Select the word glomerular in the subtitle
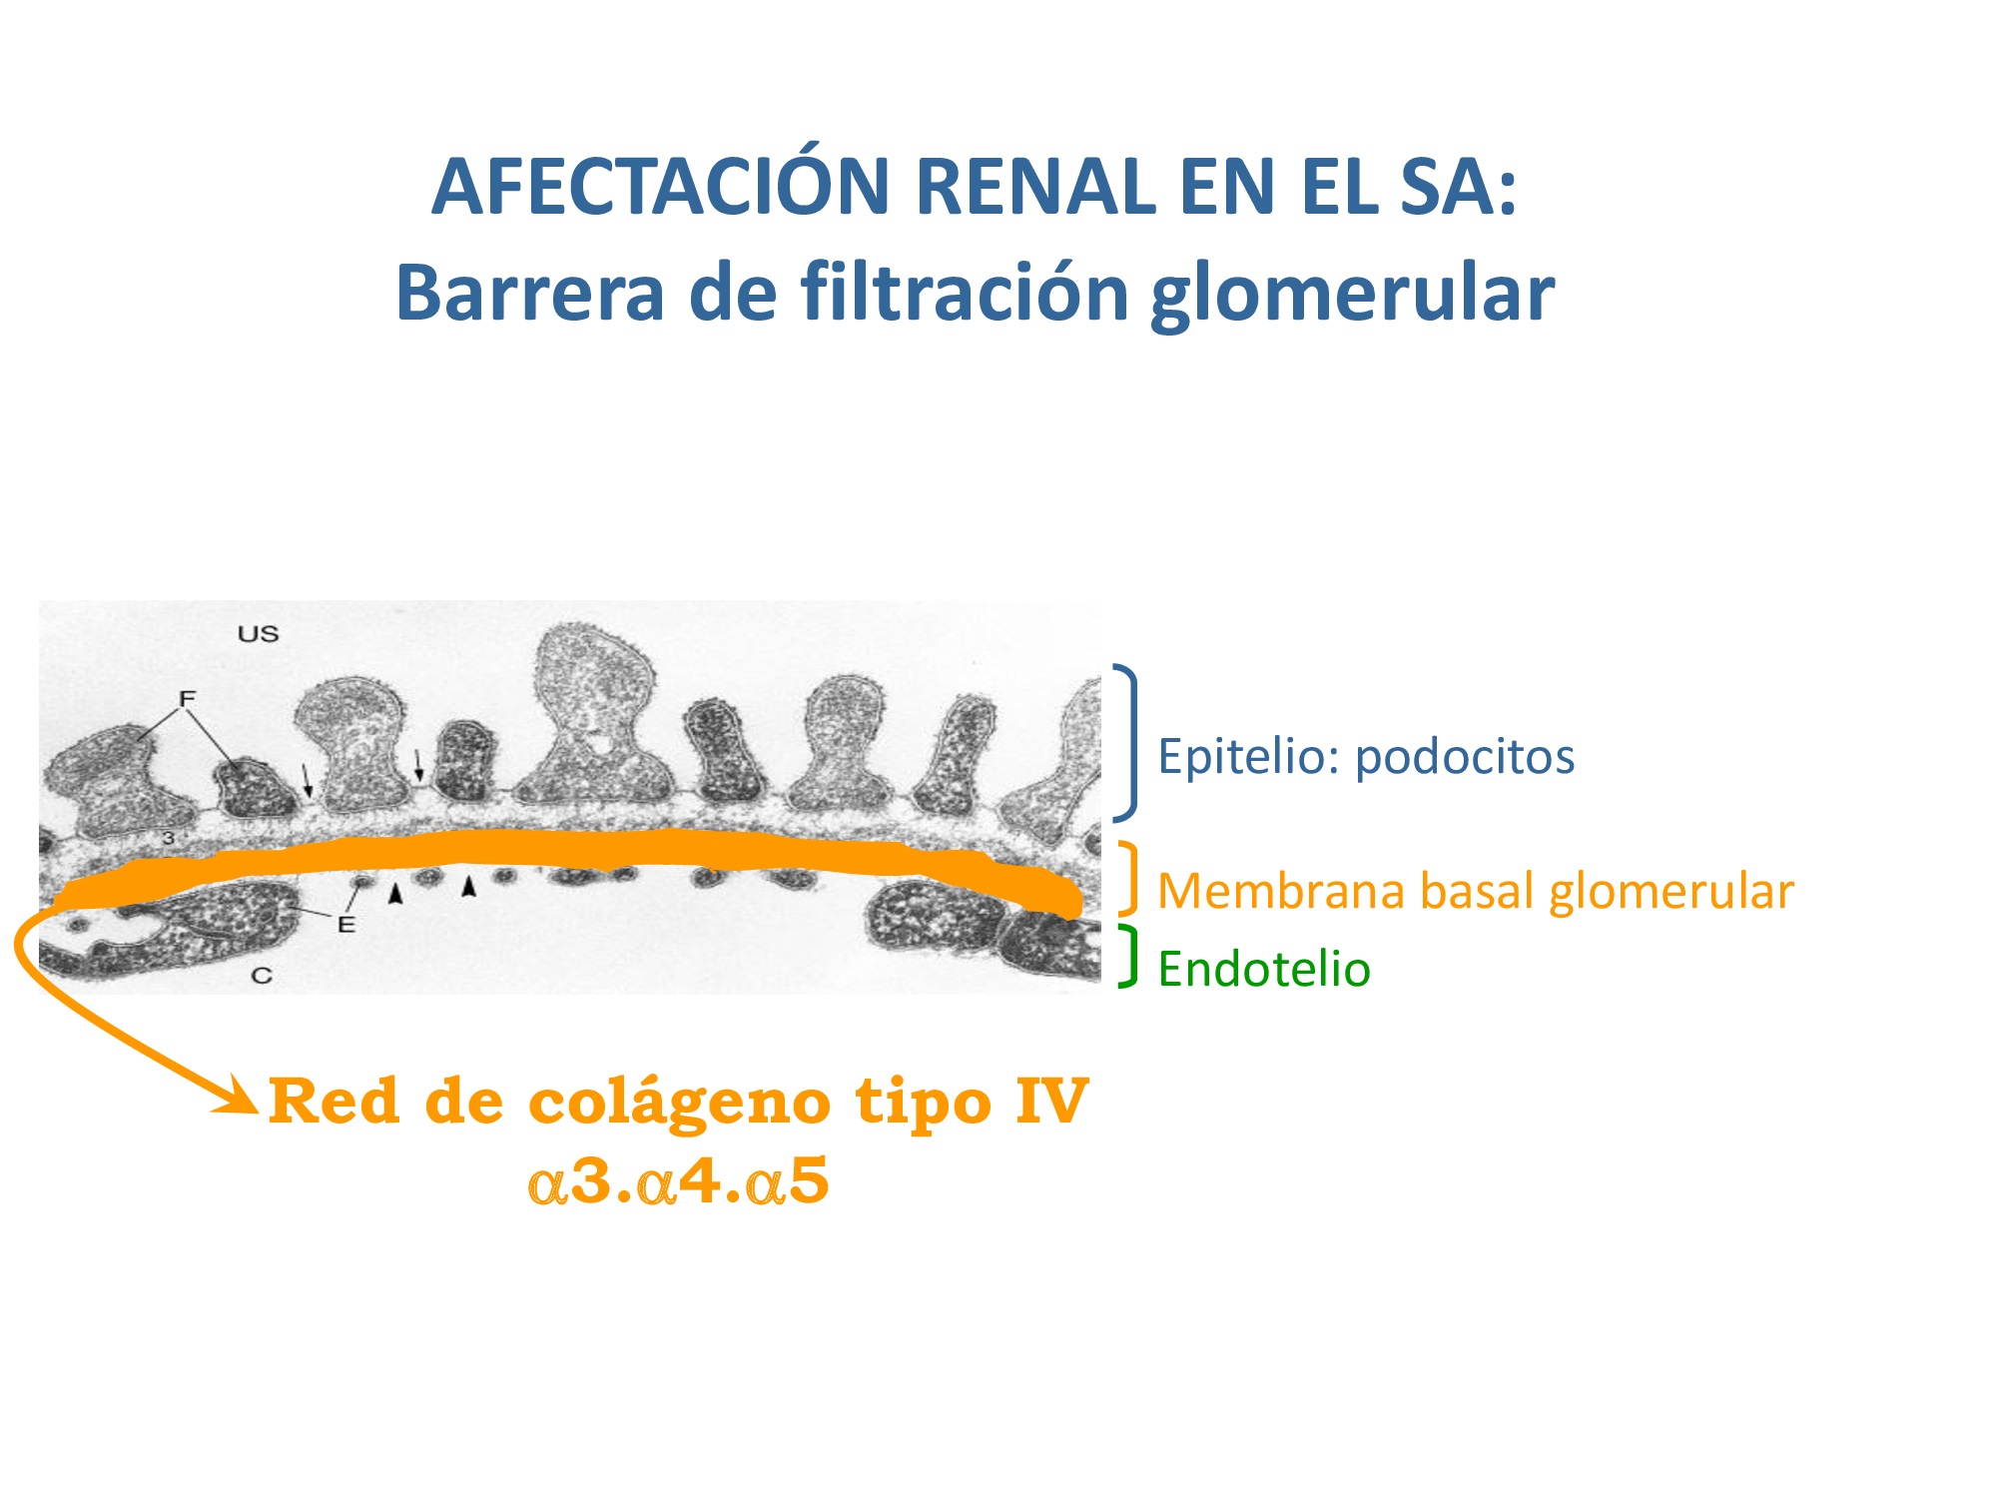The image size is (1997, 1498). click(1353, 295)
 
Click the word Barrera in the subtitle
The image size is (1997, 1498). click(530, 293)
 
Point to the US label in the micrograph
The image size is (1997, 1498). click(258, 633)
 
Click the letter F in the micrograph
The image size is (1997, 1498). click(187, 697)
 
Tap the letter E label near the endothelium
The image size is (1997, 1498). click(346, 925)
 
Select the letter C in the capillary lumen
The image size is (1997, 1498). click(262, 975)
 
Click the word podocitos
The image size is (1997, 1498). click(1465, 758)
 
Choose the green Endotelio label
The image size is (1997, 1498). click(1264, 970)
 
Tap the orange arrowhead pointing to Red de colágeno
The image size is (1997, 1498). click(241, 1098)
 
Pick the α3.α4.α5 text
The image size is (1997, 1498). click(679, 1182)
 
